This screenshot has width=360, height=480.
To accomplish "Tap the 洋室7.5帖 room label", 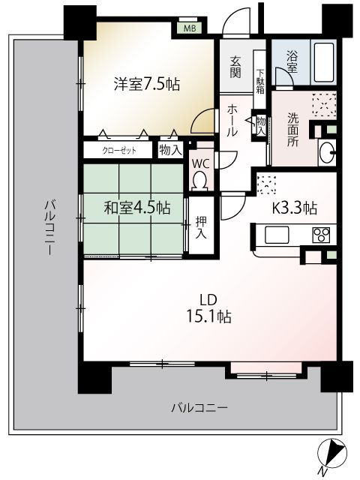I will [x=141, y=84].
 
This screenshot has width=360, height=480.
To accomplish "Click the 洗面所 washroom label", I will [x=293, y=130].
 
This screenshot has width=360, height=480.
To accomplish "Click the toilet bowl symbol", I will [x=200, y=180].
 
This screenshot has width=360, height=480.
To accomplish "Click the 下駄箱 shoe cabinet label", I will [x=259, y=75].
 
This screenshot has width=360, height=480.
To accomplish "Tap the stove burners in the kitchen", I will [x=322, y=233].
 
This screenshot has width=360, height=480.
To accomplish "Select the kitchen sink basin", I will [x=276, y=235].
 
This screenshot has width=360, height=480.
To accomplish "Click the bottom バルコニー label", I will [x=199, y=408].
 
